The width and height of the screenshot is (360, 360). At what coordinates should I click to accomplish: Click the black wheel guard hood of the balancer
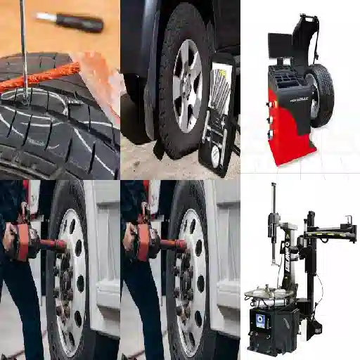(306, 35)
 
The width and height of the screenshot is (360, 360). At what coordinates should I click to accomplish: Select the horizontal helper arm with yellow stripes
(330, 229)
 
